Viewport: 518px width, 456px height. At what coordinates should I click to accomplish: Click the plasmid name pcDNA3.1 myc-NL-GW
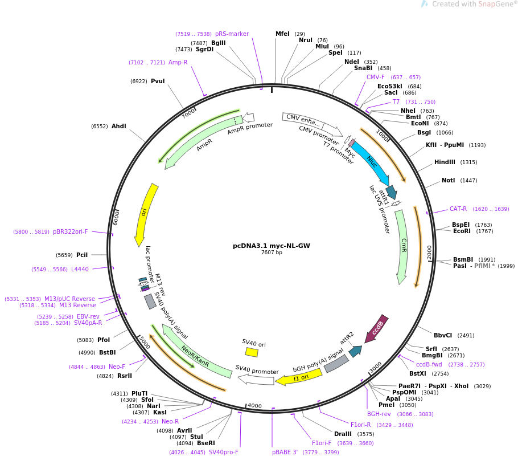click(271, 246)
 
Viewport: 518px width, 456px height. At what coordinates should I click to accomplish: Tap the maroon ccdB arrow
click(376, 328)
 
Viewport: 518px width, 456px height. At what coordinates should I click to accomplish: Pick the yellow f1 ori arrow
click(299, 377)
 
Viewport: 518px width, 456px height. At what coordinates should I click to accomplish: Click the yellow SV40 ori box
click(252, 352)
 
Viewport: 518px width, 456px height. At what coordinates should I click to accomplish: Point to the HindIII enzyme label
click(445, 162)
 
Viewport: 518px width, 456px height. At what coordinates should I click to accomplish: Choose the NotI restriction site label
click(449, 180)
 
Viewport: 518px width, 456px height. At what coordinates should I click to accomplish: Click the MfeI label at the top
click(282, 34)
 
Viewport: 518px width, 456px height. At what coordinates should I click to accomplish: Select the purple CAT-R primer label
click(458, 209)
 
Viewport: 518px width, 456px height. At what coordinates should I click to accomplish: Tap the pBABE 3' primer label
click(285, 453)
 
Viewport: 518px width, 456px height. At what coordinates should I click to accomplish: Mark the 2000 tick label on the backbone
click(429, 253)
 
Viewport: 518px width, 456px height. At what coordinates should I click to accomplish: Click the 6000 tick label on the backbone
click(116, 217)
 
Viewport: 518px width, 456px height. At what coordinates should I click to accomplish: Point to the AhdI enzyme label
click(119, 126)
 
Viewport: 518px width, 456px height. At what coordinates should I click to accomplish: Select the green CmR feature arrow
click(402, 247)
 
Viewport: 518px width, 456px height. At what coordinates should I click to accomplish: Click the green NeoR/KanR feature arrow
click(197, 351)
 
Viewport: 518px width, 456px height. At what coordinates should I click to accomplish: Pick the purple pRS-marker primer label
click(232, 34)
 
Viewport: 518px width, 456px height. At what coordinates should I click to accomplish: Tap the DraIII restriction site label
click(343, 434)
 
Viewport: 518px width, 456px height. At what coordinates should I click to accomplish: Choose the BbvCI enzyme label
click(443, 335)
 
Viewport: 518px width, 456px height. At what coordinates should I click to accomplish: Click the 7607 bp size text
click(272, 253)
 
